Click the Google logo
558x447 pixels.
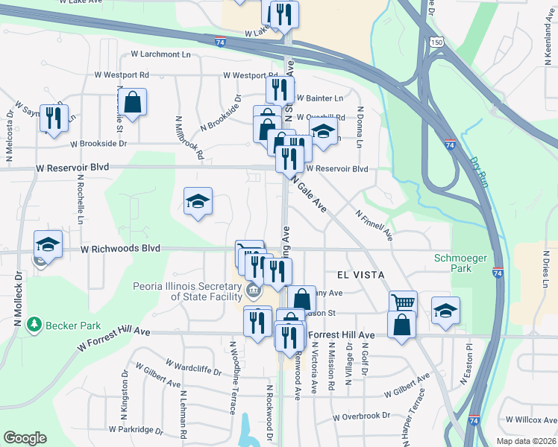click(x=25, y=437)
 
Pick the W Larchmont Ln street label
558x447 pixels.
click(x=160, y=54)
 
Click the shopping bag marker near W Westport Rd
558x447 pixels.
click(x=132, y=102)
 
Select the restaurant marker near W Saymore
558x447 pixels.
click(x=53, y=118)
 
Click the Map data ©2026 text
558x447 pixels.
click(x=525, y=440)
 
